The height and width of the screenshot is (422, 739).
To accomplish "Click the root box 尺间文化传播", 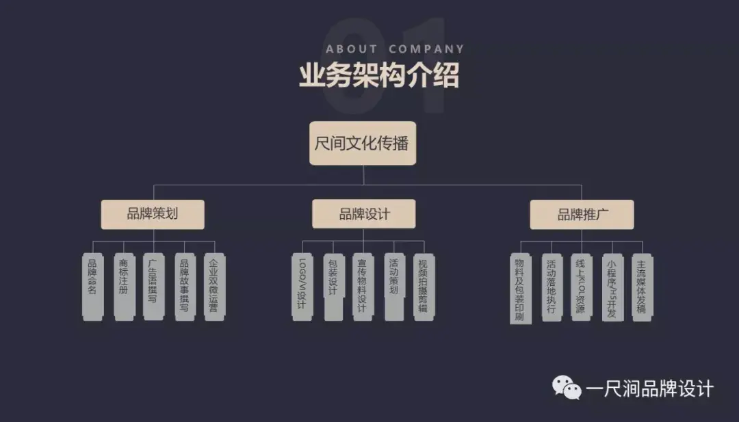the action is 362,143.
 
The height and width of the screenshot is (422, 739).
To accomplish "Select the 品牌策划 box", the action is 153,213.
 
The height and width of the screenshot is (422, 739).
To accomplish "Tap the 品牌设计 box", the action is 364,213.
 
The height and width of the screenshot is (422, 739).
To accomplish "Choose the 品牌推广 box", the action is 582,214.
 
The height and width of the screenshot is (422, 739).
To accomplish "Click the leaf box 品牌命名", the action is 92,286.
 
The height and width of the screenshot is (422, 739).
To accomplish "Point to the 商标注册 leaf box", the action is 124,286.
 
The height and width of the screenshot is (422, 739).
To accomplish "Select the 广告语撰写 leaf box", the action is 153,286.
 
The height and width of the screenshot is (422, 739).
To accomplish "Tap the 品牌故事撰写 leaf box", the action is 184,286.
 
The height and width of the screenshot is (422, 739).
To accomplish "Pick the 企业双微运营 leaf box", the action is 214,286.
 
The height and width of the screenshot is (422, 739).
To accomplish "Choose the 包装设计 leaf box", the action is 333,286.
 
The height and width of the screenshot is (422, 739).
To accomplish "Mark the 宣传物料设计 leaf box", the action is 363,286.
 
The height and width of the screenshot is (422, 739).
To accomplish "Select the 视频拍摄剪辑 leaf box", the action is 424,286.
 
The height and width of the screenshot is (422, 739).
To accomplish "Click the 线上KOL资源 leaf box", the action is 582,286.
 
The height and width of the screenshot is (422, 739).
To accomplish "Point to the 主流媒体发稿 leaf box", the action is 642,286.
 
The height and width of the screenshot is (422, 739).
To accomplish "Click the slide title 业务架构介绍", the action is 379,75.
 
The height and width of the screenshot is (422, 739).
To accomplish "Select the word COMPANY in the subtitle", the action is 426,49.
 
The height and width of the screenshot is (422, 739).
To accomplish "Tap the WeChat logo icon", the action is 567,388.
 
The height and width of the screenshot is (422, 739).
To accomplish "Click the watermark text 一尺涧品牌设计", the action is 649,389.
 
